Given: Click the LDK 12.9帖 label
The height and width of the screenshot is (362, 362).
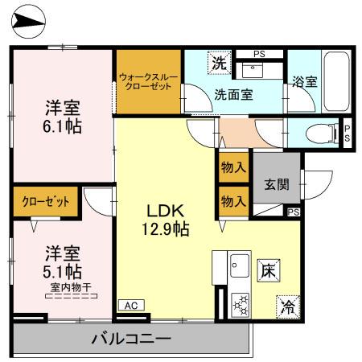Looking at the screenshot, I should pos(167,219).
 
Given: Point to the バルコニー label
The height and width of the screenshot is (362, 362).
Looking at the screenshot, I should pos(130,339).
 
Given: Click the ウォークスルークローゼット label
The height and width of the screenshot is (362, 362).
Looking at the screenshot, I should pos(147,82).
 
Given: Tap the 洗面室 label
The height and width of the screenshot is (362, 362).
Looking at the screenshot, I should pos(233,93).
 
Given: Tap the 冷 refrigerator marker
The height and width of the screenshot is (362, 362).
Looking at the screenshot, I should pos(286,305).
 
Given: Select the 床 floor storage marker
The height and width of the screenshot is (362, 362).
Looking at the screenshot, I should pos(267,270).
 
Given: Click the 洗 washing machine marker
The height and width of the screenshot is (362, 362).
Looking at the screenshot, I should pos(218,62).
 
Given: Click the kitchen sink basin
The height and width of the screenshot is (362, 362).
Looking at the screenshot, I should pos(239,265).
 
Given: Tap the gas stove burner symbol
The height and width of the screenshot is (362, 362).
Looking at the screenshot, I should pos(239,303).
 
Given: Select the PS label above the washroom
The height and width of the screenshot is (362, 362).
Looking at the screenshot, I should pos(258,55).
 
